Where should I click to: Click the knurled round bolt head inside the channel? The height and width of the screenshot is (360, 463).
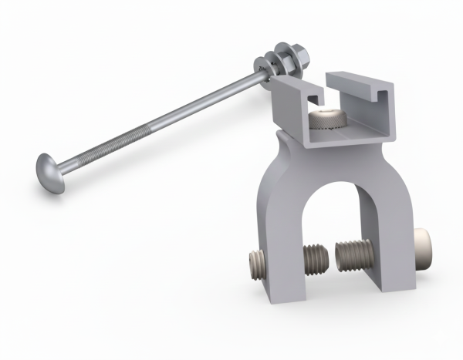tap(327, 119)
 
